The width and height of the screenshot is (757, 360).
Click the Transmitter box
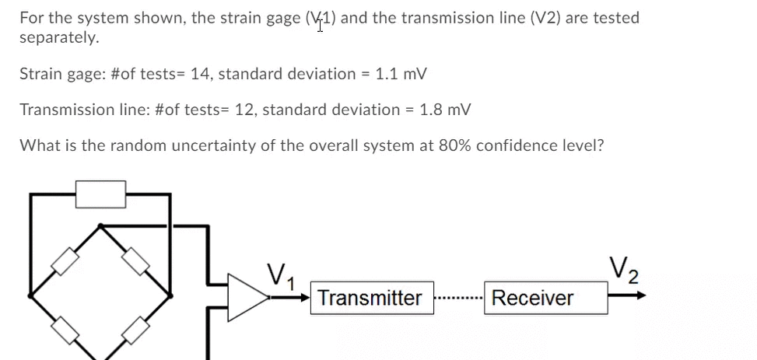(x=370, y=298)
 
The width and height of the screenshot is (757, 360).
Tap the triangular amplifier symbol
(x=245, y=297)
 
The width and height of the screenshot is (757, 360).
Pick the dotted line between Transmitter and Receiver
(x=458, y=298)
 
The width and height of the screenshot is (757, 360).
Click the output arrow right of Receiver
(x=627, y=296)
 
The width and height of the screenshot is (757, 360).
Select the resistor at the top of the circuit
(x=100, y=194)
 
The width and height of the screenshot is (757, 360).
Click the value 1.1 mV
(x=401, y=74)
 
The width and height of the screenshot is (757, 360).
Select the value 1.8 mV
(x=444, y=110)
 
